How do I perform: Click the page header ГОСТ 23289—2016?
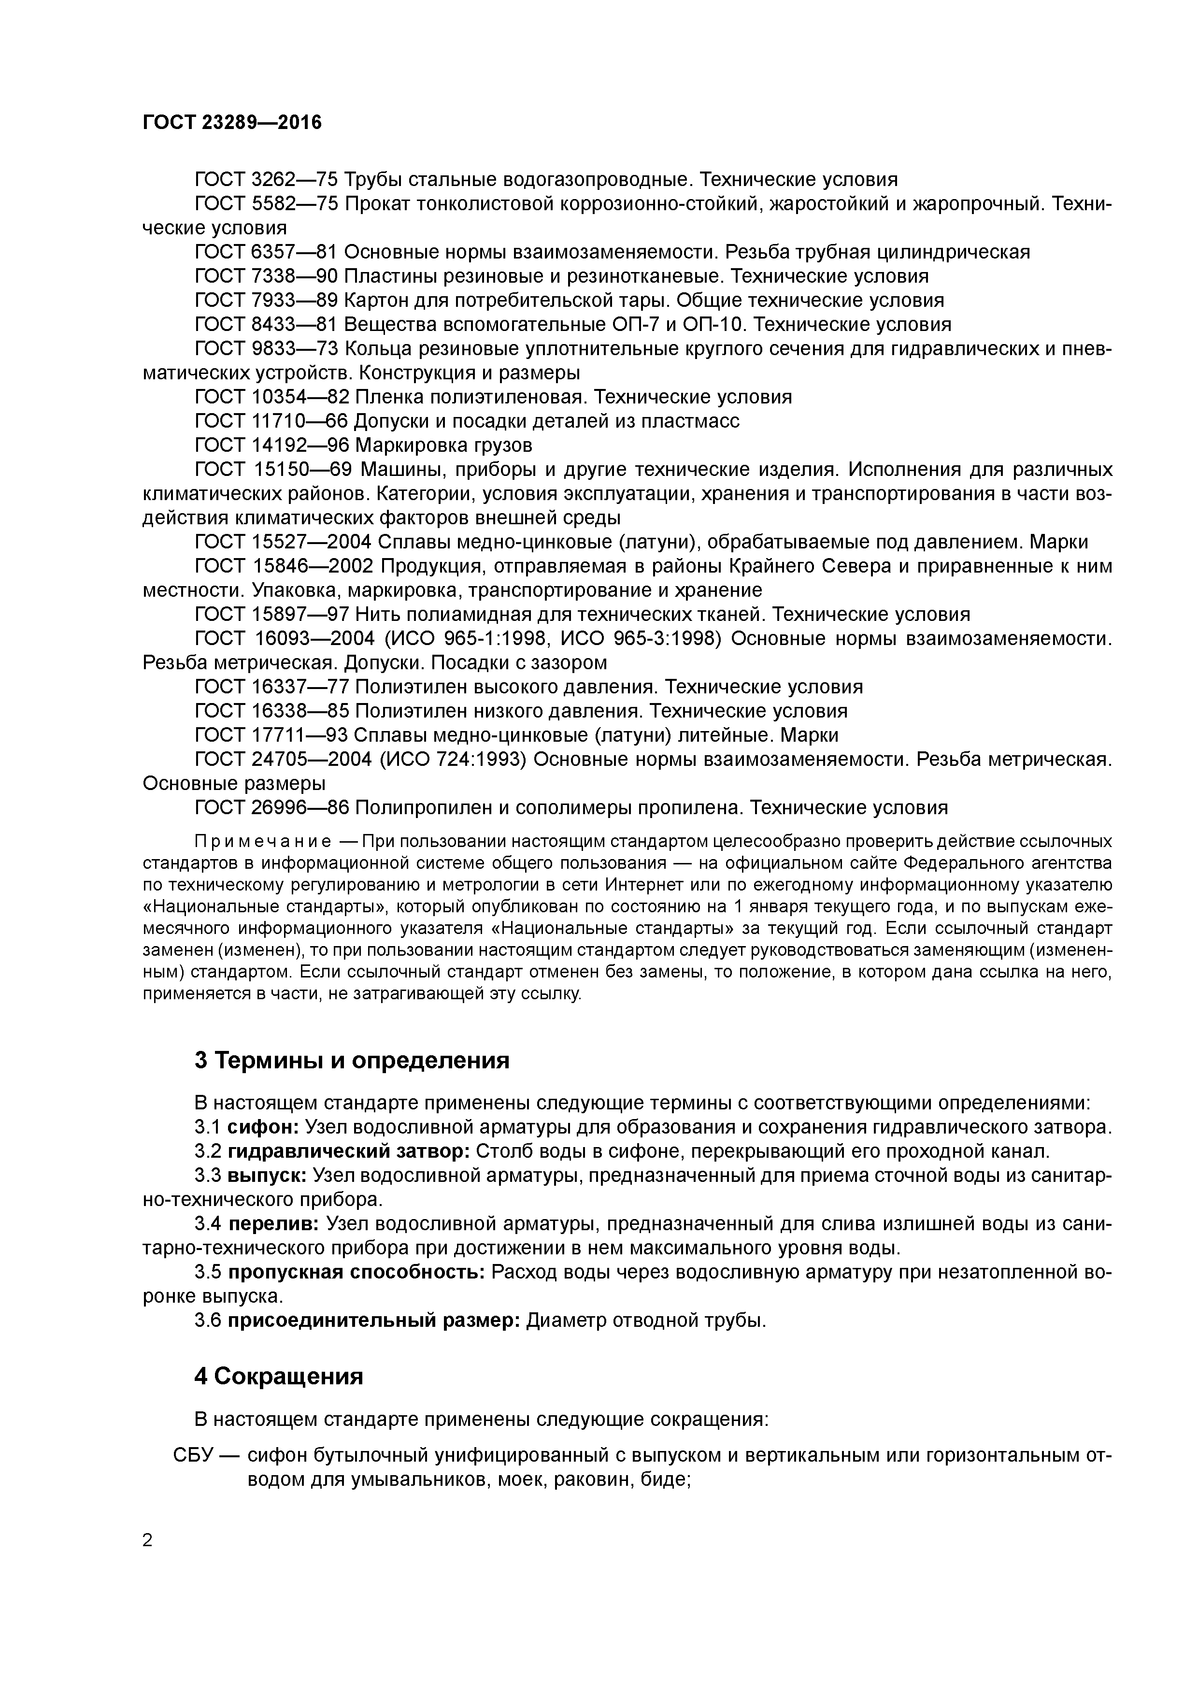(232, 123)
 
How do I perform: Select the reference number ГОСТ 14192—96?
(271, 445)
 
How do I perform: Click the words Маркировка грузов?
(443, 445)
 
